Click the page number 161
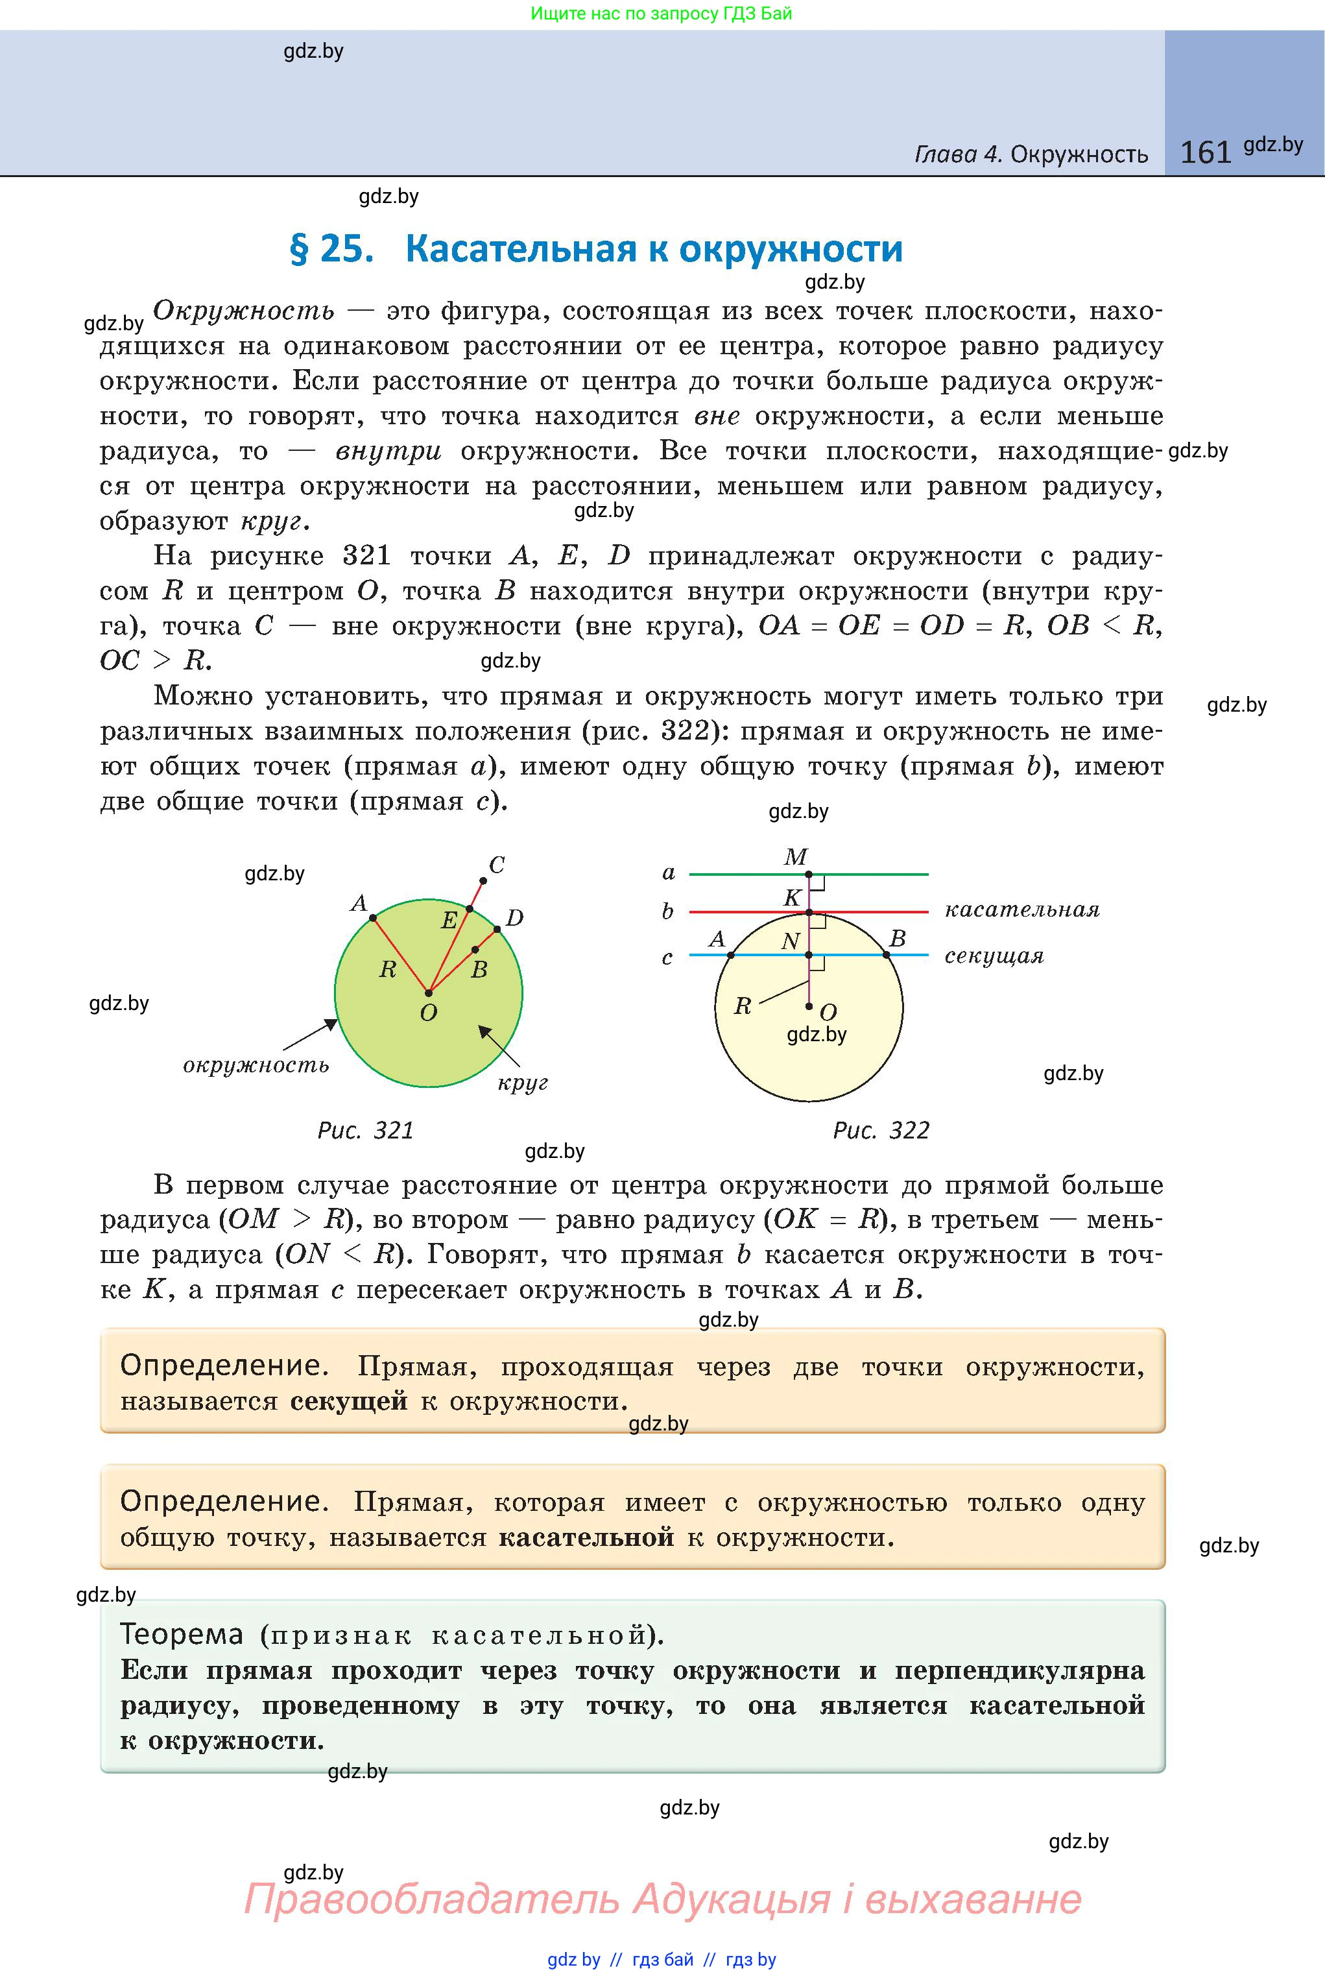click(1206, 152)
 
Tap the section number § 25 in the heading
click(331, 249)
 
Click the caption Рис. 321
click(365, 1130)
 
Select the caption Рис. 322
click(881, 1130)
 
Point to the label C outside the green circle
click(497, 865)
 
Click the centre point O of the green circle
click(429, 993)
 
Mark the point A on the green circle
click(373, 917)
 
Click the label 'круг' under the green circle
click(522, 1083)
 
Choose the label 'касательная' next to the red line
click(1021, 910)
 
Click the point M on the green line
click(809, 874)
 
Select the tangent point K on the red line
click(809, 913)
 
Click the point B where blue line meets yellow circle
click(887, 955)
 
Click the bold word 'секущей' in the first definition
click(349, 1401)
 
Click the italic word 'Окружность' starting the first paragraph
click(243, 311)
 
